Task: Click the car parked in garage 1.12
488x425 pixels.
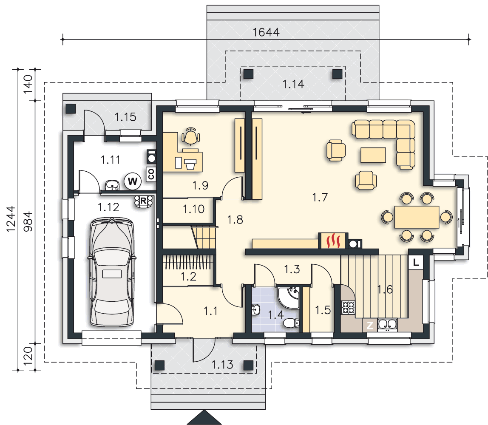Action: (112, 272)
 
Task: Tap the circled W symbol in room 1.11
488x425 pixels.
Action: (133, 181)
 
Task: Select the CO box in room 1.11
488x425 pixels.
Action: (151, 174)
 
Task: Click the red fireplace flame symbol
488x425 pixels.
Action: (333, 241)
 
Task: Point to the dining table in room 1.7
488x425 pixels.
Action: (417, 217)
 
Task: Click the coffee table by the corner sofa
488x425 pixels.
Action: (373, 155)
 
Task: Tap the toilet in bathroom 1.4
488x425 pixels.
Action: (291, 323)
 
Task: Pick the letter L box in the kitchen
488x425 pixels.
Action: (416, 262)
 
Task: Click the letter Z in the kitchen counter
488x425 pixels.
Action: (370, 326)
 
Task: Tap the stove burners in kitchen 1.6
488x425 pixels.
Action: (348, 307)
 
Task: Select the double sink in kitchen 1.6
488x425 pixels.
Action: (388, 325)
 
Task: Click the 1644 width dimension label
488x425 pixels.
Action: (266, 32)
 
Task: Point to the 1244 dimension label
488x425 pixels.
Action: (11, 219)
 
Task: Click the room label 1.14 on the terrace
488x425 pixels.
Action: (293, 84)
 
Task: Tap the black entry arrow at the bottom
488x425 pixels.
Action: (204, 417)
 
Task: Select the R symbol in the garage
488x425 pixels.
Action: (144, 201)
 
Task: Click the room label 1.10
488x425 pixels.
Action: (193, 209)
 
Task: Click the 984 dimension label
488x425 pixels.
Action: (28, 221)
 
